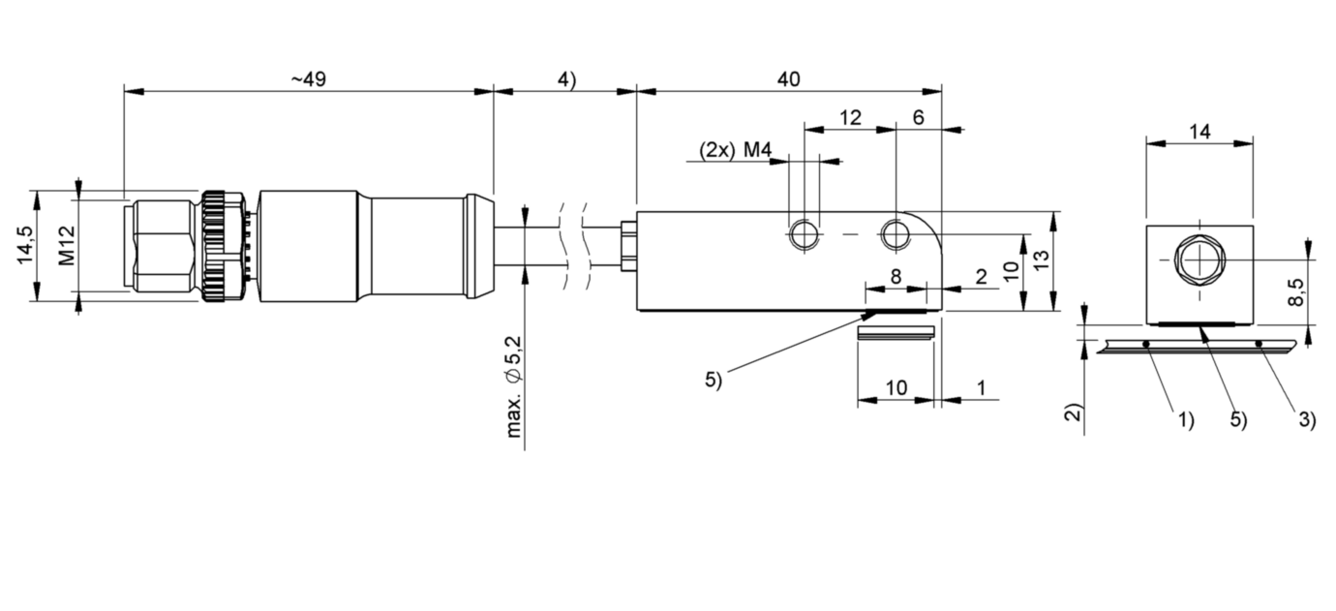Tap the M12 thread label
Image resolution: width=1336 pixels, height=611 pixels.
pos(66,246)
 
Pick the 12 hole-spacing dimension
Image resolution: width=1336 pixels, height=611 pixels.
pos(849,118)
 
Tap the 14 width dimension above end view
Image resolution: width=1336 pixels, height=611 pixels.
pos(1199,133)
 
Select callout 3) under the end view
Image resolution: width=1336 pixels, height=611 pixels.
pos(1306,419)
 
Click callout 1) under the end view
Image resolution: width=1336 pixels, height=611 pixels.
pos(1186,419)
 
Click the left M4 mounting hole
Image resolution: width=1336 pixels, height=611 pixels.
pos(803,234)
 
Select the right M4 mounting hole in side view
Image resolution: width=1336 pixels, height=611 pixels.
pos(895,234)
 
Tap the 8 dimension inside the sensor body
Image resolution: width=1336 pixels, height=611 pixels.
pos(895,277)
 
